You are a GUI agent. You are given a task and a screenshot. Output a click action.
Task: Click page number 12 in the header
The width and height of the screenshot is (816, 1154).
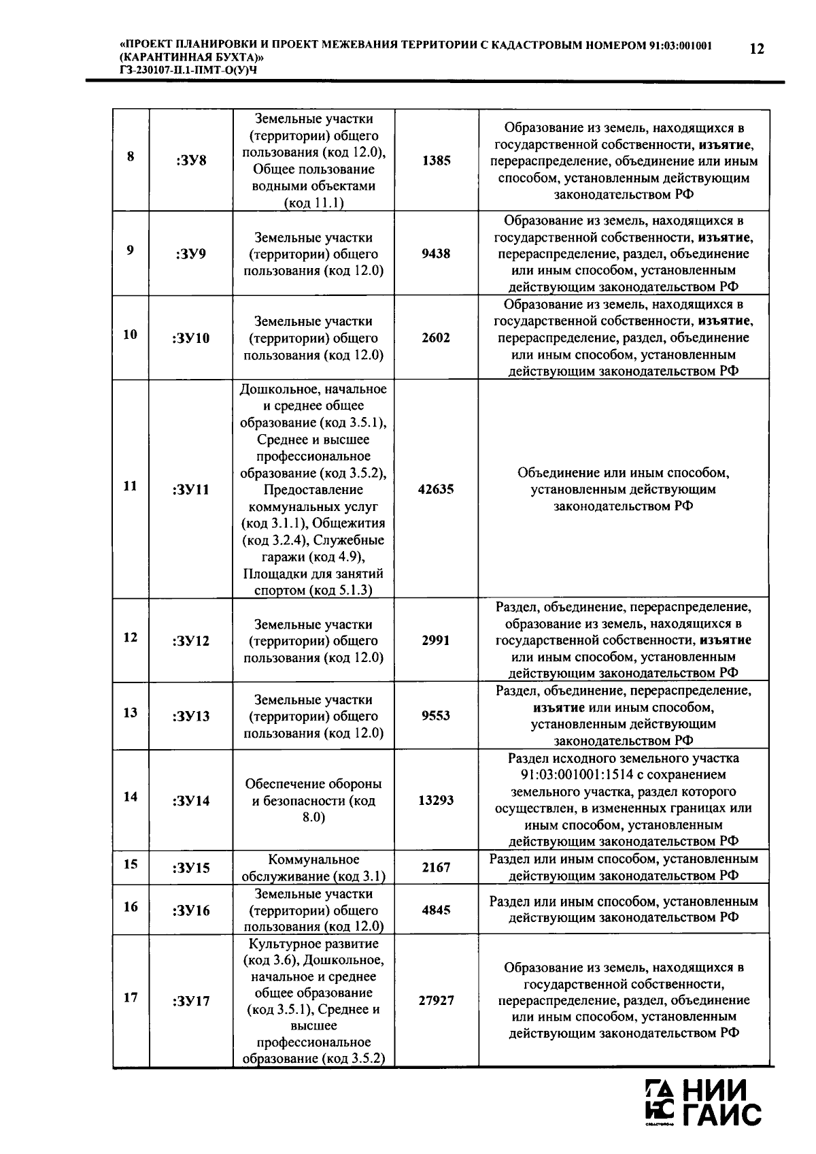[x=755, y=49]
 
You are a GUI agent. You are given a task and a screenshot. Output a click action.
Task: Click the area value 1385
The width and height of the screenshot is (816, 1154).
[x=436, y=161]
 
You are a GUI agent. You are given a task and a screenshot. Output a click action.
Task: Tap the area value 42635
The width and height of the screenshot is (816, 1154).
[x=436, y=490]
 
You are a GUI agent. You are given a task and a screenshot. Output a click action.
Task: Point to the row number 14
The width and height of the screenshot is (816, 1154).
[x=131, y=796]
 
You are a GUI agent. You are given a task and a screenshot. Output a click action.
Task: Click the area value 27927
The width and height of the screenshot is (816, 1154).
[x=436, y=1001]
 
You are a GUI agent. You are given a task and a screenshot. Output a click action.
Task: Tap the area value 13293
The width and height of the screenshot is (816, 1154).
[x=436, y=801]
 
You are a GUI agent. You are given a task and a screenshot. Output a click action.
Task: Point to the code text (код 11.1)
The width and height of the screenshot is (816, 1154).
[x=313, y=203]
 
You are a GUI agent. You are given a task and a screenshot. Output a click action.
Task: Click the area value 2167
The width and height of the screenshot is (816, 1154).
[x=436, y=868]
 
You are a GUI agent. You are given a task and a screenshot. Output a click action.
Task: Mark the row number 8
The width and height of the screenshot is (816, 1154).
[x=131, y=156]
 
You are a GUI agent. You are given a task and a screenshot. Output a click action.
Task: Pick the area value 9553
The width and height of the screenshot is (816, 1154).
[x=436, y=716]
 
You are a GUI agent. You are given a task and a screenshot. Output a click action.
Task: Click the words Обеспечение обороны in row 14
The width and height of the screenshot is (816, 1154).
[x=313, y=784]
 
